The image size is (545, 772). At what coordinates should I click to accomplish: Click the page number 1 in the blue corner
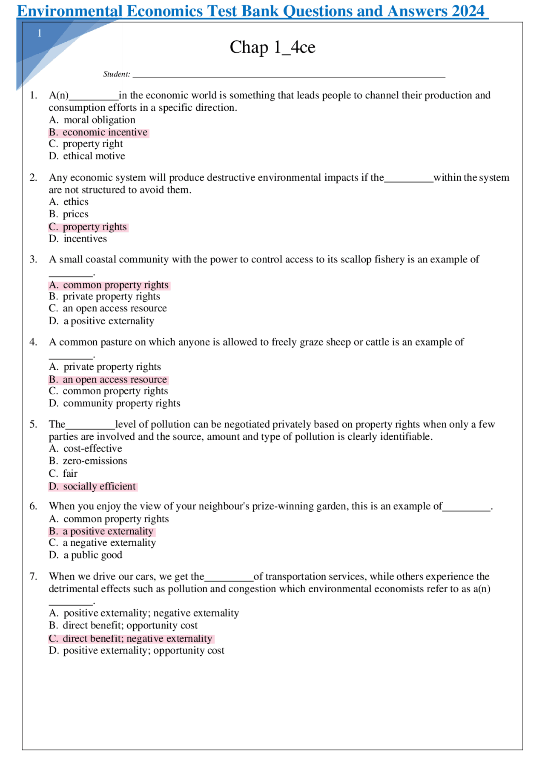(x=40, y=33)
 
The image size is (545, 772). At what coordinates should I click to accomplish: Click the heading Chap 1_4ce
(x=272, y=47)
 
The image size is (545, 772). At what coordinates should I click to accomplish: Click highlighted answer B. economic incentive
(x=99, y=133)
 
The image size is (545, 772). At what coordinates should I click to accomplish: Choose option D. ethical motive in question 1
(x=87, y=156)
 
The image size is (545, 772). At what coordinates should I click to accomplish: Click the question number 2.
(x=34, y=178)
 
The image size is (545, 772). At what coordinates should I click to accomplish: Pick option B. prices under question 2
(x=69, y=214)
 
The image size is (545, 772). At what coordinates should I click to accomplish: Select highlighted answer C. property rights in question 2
(x=88, y=227)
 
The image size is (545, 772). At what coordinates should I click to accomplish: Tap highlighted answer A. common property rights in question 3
(x=109, y=285)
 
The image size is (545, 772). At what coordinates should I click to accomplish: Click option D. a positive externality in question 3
(x=102, y=321)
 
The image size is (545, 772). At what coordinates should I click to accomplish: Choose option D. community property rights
(x=115, y=403)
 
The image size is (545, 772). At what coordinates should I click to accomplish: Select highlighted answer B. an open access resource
(x=108, y=380)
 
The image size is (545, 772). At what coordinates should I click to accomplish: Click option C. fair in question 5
(x=63, y=474)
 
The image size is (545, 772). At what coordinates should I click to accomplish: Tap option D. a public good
(x=86, y=555)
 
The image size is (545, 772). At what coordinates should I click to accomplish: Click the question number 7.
(x=34, y=576)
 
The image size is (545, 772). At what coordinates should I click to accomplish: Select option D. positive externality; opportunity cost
(x=137, y=651)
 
